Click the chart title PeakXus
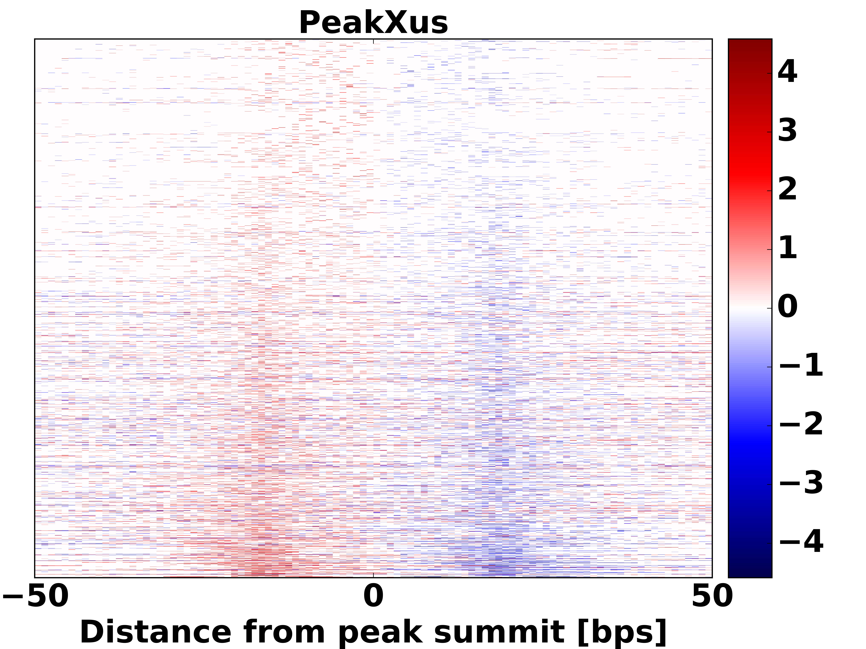pos(374,23)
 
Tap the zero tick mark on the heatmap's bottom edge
pos(374,575)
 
